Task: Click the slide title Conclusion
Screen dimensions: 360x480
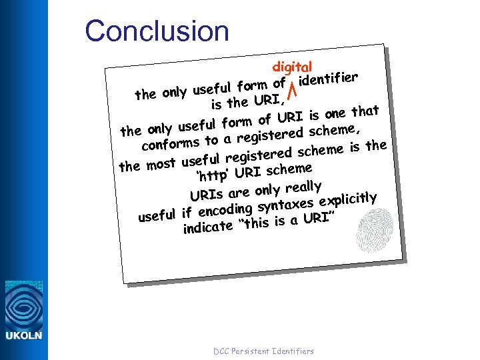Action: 157,31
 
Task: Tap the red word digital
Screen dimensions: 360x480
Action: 292,67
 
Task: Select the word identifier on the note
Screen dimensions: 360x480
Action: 329,79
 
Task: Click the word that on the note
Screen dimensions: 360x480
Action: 365,110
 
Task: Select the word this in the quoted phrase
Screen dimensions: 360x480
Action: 258,222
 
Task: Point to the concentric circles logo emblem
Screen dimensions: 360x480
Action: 23,305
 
